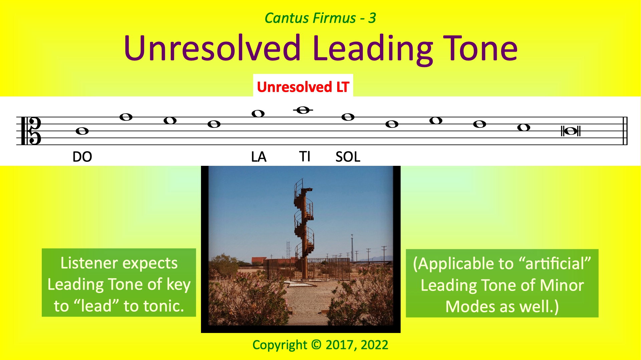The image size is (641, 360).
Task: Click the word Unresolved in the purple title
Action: coord(212,48)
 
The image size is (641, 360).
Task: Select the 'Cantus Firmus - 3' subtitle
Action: coord(320,18)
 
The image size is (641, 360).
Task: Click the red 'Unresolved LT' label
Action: coord(303,87)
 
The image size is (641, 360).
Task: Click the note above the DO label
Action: coord(82,131)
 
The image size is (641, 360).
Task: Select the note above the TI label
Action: coord(303,110)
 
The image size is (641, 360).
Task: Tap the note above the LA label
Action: coord(258,114)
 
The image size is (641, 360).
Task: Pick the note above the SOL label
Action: coord(348,117)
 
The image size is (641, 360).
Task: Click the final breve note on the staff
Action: coord(571,131)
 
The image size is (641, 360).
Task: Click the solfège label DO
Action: coord(82,157)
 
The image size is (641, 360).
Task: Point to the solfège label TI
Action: coord(304,156)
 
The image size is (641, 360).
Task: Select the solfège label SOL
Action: coord(348,157)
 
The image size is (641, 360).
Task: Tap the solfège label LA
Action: coord(259,157)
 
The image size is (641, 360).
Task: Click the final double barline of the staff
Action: coord(625,131)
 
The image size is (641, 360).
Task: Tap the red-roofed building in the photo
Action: coord(259,261)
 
